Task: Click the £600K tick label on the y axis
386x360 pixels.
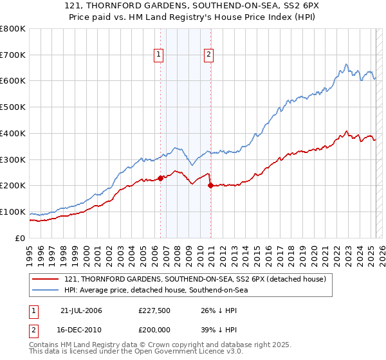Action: click(x=13, y=81)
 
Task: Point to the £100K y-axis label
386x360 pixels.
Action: click(x=13, y=212)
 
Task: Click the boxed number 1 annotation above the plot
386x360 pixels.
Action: click(x=159, y=55)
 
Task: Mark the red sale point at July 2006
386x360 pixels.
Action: click(x=160, y=178)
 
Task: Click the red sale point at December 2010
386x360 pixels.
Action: click(x=210, y=186)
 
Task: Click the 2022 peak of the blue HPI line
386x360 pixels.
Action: click(x=346, y=64)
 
